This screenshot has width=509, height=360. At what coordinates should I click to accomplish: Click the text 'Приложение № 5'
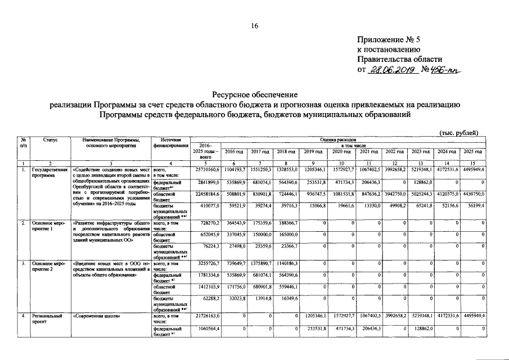click(x=388, y=39)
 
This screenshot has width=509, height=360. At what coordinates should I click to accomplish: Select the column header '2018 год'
click(x=286, y=152)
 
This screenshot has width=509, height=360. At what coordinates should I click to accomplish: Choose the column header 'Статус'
click(x=50, y=139)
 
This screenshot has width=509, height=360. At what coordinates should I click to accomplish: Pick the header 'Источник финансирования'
click(x=170, y=142)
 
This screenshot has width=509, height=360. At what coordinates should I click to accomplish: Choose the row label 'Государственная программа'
click(x=50, y=172)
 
